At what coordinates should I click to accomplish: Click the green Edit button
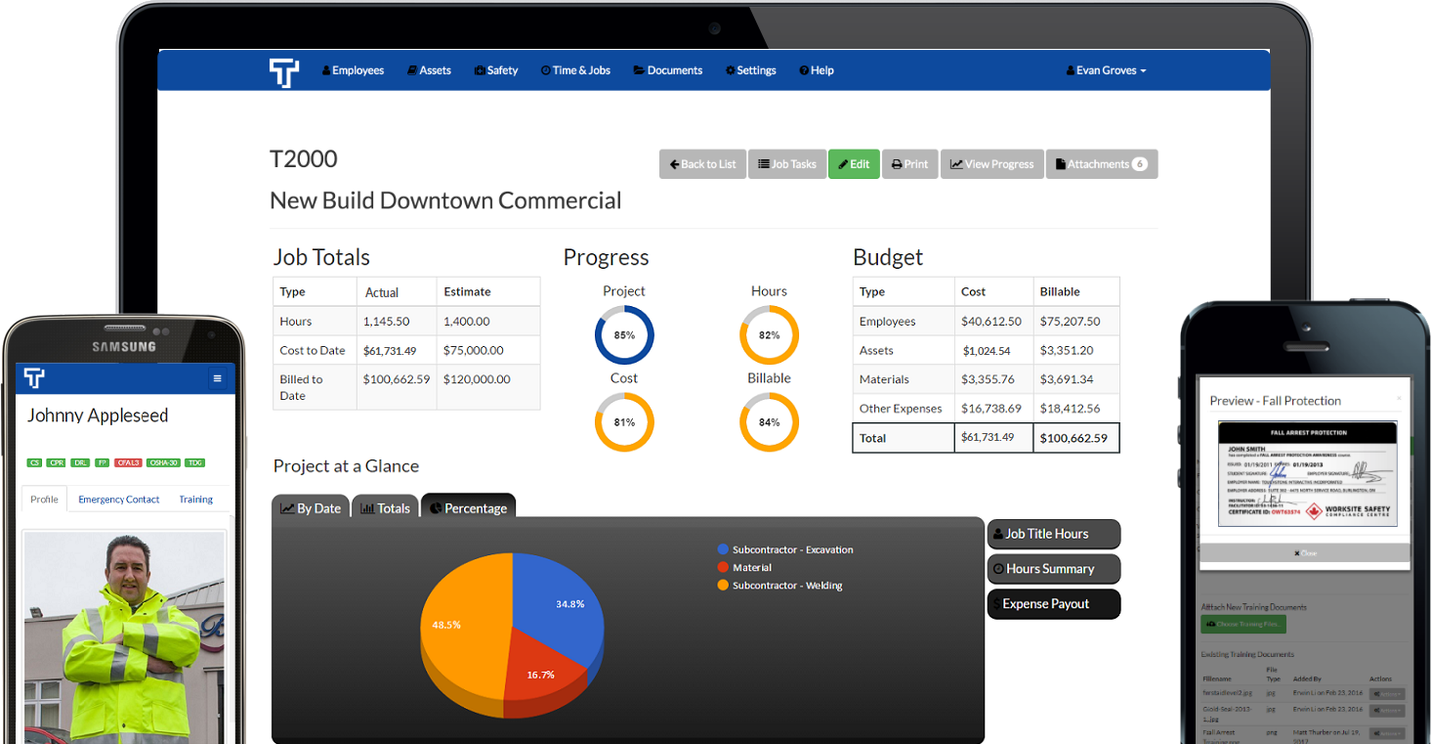[x=854, y=164]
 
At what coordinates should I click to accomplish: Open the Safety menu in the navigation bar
[x=496, y=70]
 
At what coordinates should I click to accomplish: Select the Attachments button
[x=1101, y=164]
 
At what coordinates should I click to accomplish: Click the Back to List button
[x=702, y=164]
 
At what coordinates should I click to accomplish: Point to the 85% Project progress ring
[x=624, y=335]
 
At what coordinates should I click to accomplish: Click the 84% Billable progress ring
[x=769, y=422]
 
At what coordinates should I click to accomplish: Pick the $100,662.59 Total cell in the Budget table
[x=1075, y=438]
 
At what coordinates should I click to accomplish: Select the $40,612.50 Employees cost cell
[x=991, y=321]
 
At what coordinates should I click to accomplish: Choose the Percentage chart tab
[x=468, y=508]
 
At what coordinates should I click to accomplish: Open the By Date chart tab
[x=311, y=508]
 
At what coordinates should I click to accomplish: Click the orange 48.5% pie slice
[x=459, y=626]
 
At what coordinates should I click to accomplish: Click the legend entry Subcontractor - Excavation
[x=792, y=549]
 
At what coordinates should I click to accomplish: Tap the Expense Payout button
[x=1054, y=604]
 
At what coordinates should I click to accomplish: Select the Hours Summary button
[x=1054, y=569]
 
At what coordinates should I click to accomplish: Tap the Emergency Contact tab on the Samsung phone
[x=119, y=500]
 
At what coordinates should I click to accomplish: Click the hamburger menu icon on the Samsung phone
[x=217, y=378]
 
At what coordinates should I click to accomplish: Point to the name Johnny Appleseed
[x=98, y=416]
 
